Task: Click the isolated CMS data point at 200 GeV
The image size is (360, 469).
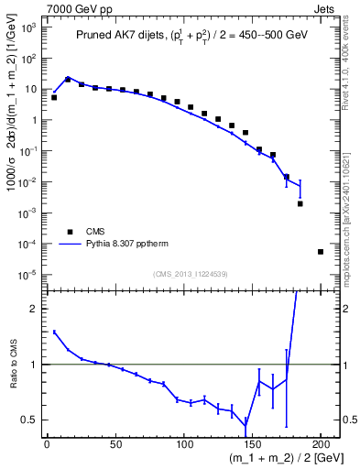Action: pos(321,251)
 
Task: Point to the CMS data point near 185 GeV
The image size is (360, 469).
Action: pos(300,203)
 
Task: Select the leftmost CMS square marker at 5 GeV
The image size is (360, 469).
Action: pos(54,97)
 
